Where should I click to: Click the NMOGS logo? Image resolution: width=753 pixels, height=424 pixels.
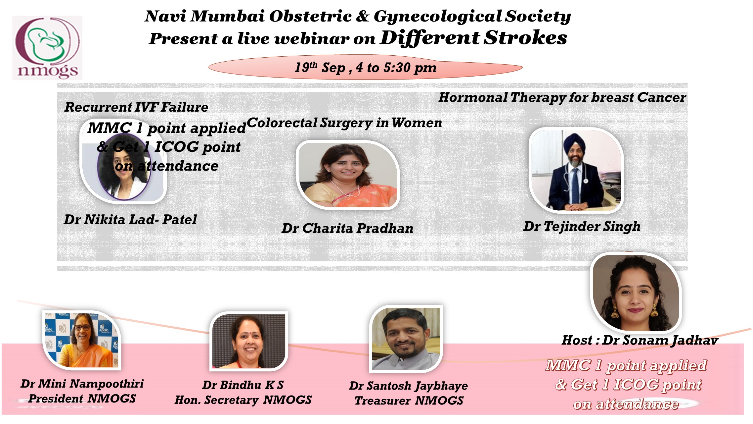pos(47,48)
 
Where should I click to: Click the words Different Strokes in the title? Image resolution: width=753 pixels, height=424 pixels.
pos(473,38)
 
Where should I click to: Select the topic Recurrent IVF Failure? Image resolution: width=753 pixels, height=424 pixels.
pos(136,107)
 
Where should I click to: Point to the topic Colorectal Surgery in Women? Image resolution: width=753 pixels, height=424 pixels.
pos(344,123)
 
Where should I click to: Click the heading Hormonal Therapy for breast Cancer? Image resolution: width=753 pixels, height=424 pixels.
pos(562,97)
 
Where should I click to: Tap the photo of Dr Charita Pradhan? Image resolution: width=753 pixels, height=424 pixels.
pos(348,175)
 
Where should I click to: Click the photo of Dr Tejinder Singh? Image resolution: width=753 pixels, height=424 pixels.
pos(576,170)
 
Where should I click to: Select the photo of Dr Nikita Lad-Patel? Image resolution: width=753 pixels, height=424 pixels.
pos(123,161)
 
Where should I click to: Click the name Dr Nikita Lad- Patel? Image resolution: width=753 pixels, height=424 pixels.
pos(130,219)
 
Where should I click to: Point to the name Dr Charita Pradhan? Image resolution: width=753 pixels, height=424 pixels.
pos(347,228)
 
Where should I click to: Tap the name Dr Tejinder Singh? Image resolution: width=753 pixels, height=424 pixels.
pos(582,227)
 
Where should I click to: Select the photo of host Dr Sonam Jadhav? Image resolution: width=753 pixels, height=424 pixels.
pos(636,292)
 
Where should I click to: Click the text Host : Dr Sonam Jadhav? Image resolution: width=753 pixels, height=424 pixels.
pos(640,340)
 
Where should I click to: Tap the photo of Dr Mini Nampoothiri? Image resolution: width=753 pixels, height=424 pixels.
pos(82,340)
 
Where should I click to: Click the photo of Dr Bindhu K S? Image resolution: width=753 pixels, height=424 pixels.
pos(249,341)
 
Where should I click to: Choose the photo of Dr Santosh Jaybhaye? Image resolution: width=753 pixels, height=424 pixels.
pos(406,339)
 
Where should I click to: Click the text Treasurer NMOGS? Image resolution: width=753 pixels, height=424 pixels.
pos(409,401)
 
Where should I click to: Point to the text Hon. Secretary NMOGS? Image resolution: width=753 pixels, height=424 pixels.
pos(243,400)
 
